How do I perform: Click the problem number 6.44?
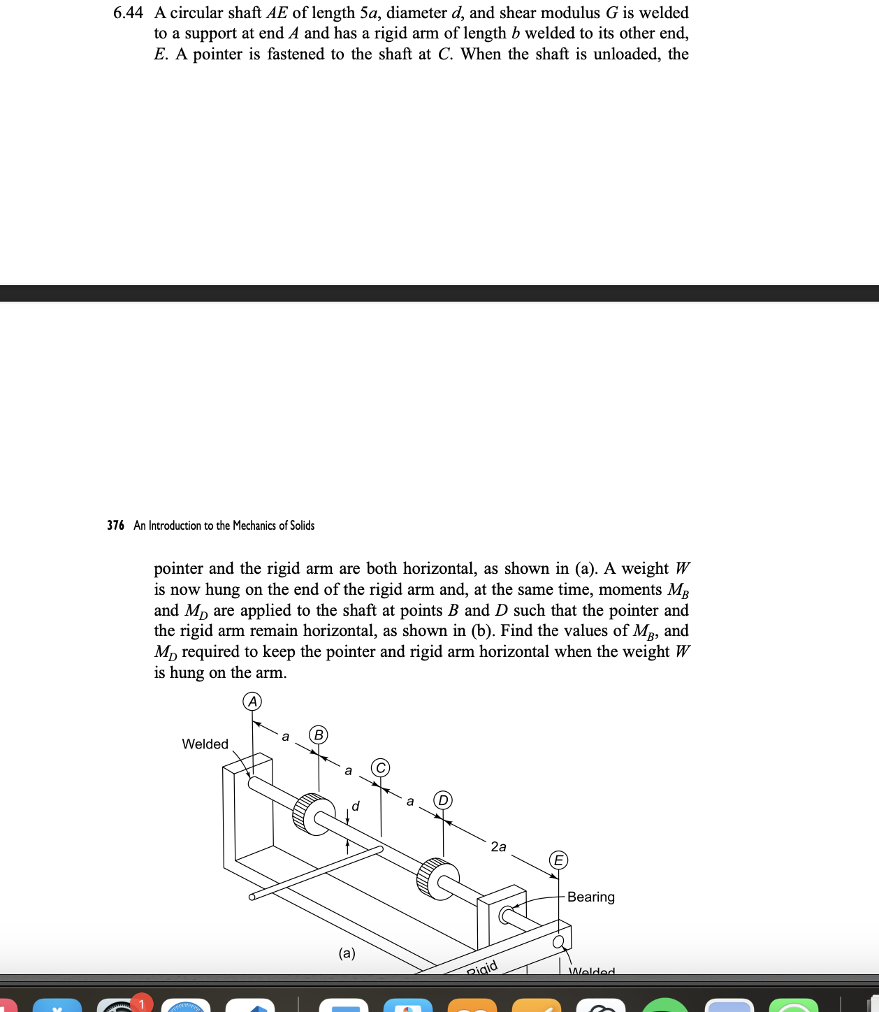(x=128, y=13)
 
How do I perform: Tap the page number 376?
(x=115, y=526)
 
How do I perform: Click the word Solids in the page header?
(x=302, y=526)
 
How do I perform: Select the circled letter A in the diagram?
(x=252, y=701)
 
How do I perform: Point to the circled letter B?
(x=319, y=735)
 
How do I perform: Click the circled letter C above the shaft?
(x=380, y=767)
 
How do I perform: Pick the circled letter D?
(x=443, y=800)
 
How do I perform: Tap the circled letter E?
(x=558, y=860)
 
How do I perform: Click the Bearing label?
(x=590, y=897)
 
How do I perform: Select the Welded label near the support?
(x=205, y=744)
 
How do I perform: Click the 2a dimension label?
(x=498, y=846)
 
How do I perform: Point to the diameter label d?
(x=356, y=807)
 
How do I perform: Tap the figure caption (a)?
(x=347, y=953)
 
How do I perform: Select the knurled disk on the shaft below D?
(x=437, y=879)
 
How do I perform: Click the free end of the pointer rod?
(x=253, y=897)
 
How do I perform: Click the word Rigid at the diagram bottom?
(x=482, y=968)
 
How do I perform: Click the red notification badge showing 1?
(x=141, y=1004)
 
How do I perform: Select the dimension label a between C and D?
(x=410, y=801)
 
